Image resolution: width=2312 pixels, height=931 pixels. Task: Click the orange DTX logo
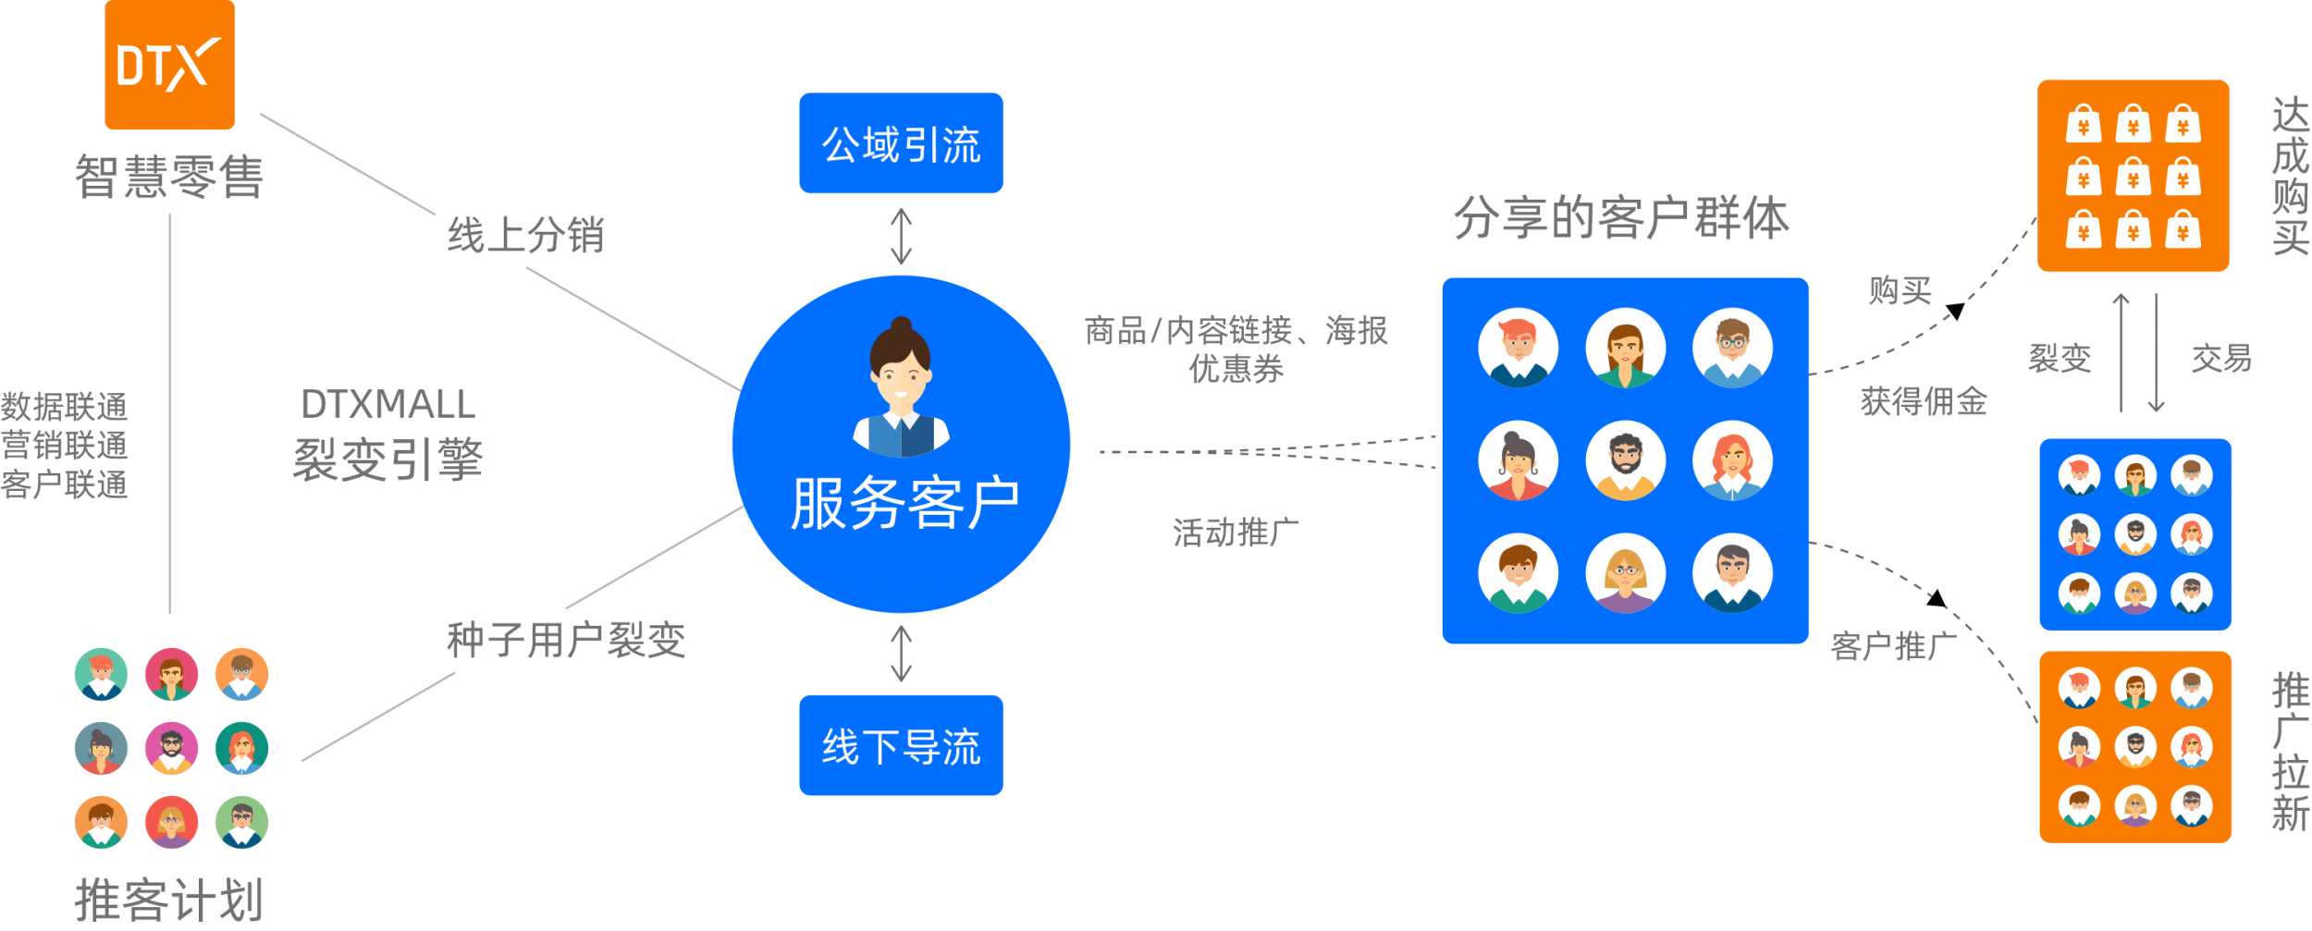(x=169, y=65)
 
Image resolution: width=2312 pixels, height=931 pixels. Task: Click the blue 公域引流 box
(x=901, y=143)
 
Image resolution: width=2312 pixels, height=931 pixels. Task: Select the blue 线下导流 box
(x=901, y=745)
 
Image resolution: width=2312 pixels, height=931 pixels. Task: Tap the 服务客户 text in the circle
(x=904, y=504)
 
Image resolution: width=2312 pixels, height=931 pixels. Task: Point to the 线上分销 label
(x=525, y=235)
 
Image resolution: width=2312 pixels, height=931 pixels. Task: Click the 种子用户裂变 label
(x=566, y=640)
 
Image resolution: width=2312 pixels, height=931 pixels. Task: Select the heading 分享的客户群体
(x=1621, y=218)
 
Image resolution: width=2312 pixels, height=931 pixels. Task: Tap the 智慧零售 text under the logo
(x=169, y=177)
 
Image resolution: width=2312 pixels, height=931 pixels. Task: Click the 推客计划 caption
(x=169, y=900)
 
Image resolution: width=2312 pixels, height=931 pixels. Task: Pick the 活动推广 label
(x=1236, y=533)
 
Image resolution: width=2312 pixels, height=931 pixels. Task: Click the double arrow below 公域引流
(x=901, y=237)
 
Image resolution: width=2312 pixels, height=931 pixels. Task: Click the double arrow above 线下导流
(x=901, y=654)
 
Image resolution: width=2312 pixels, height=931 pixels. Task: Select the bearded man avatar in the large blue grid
(x=1625, y=460)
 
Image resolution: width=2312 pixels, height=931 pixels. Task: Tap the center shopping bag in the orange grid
(x=2133, y=177)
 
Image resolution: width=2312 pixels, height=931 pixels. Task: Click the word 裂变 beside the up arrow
(x=2060, y=358)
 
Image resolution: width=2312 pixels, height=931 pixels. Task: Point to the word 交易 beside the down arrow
(x=2220, y=358)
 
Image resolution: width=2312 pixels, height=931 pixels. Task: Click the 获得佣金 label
(x=1924, y=401)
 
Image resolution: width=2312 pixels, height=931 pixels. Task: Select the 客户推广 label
(x=1893, y=645)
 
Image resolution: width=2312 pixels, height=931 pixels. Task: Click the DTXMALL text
(x=388, y=404)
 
